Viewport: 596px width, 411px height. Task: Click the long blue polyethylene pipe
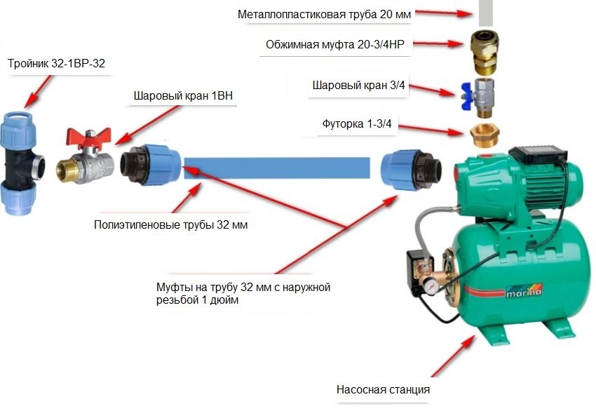[x=276, y=169]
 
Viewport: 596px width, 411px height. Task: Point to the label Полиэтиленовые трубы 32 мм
[x=170, y=225]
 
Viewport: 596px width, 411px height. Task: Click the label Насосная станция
[x=382, y=389]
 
